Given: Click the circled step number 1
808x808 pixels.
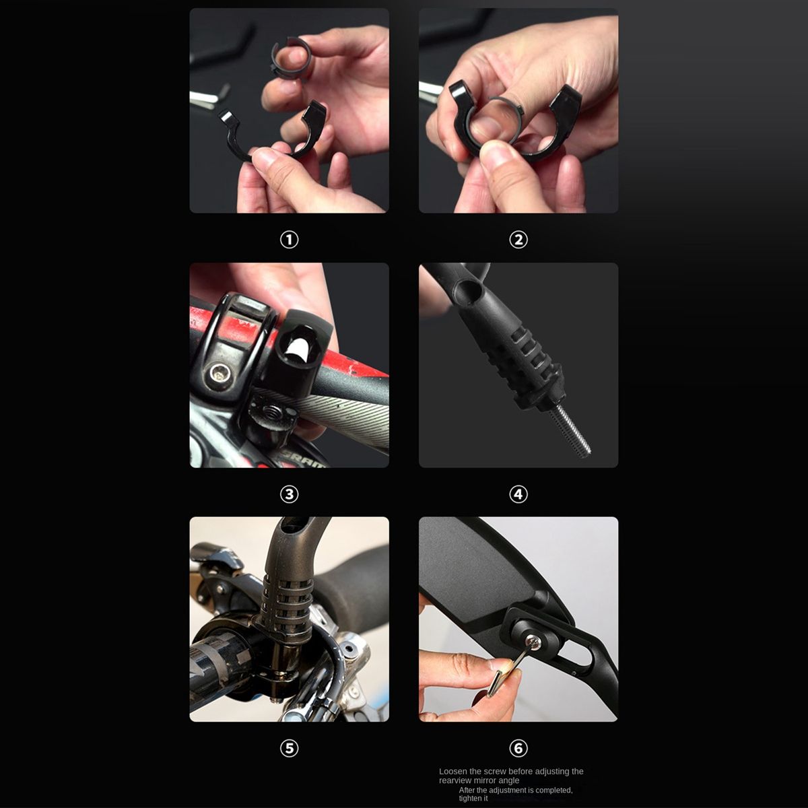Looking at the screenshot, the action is [x=289, y=240].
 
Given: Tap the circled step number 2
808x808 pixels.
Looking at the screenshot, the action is [x=518, y=240].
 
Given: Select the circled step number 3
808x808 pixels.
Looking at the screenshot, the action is [x=289, y=494].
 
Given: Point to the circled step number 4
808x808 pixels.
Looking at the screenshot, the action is [x=518, y=494].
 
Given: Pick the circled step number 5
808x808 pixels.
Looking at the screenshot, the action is [x=289, y=748].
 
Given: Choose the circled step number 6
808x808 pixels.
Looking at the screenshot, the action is [x=518, y=748].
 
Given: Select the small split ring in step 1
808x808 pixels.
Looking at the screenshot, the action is [x=291, y=57].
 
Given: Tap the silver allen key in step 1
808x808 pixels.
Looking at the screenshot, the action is [x=209, y=97].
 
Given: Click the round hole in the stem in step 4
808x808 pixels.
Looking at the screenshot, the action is [x=469, y=290].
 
